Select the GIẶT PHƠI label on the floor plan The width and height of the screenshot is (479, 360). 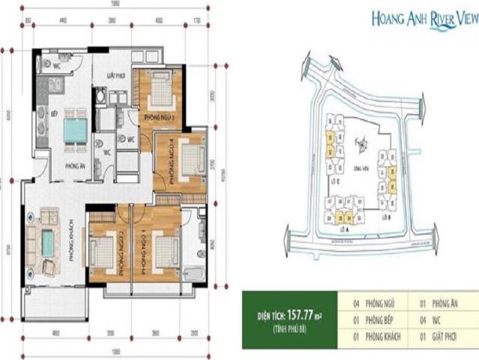[x=115, y=76]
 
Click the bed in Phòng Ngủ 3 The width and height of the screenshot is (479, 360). [x=160, y=90]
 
